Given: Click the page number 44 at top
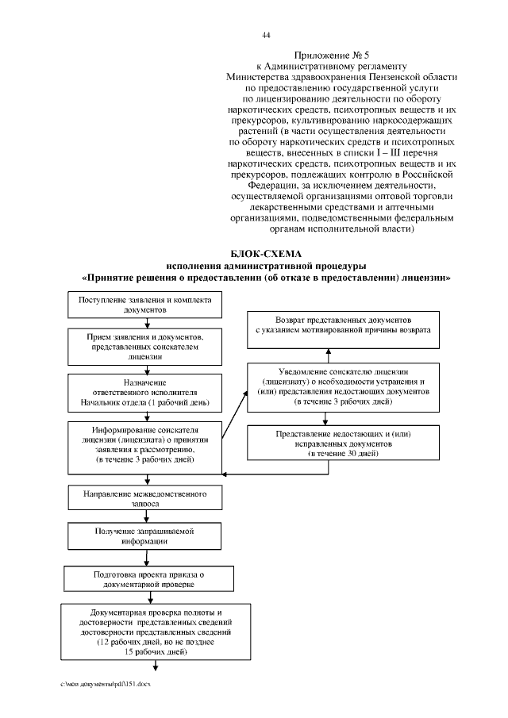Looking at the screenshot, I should (267, 35).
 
